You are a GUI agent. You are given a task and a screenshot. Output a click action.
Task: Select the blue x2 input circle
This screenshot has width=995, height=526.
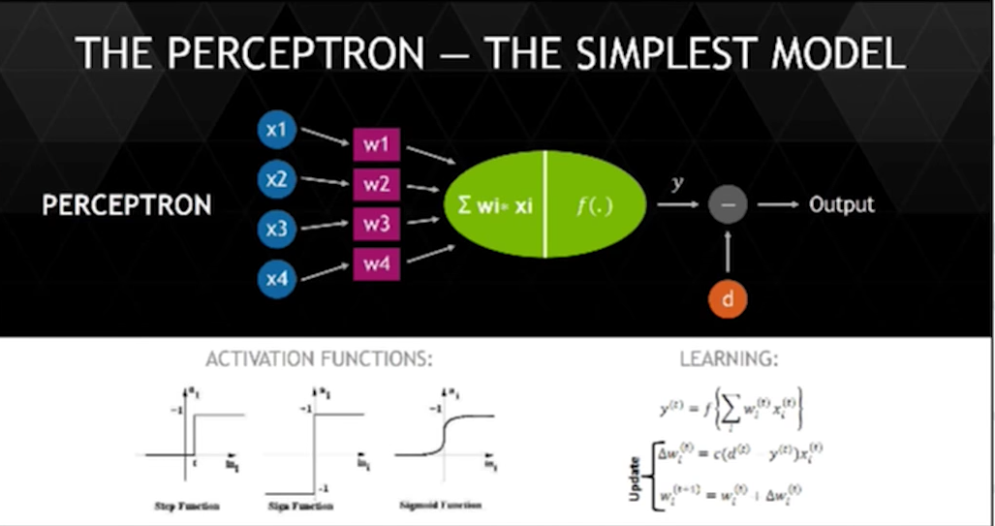(x=277, y=179)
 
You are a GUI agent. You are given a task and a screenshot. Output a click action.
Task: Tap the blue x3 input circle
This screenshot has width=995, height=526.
(x=277, y=230)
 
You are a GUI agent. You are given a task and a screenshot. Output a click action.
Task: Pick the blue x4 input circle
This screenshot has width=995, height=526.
(x=277, y=279)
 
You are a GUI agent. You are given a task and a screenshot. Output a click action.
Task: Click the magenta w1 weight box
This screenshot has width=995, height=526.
(x=376, y=145)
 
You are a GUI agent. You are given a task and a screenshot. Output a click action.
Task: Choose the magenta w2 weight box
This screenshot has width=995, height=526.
(x=376, y=184)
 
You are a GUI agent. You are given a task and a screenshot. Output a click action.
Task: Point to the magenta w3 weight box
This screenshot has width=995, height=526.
(x=376, y=224)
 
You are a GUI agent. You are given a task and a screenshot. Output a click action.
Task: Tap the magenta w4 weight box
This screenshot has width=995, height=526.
(x=376, y=263)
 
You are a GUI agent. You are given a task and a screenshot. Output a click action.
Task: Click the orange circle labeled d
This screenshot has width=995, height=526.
(x=728, y=298)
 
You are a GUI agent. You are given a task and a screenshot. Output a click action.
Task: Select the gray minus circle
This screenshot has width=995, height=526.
(x=728, y=205)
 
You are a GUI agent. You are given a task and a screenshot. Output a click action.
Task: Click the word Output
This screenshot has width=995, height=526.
(x=842, y=204)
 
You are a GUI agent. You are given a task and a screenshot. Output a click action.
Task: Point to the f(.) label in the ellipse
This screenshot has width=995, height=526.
(x=595, y=205)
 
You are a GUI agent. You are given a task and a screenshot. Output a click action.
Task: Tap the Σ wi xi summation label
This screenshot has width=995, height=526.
(x=495, y=205)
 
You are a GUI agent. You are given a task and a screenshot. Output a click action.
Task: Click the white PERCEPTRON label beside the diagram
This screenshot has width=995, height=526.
(x=127, y=206)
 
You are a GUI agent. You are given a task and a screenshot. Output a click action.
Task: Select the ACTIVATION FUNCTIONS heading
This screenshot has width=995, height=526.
(x=319, y=359)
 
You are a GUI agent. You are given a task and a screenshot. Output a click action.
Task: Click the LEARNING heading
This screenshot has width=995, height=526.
(x=729, y=359)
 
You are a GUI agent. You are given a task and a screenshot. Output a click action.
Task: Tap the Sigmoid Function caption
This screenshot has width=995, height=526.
(x=440, y=506)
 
